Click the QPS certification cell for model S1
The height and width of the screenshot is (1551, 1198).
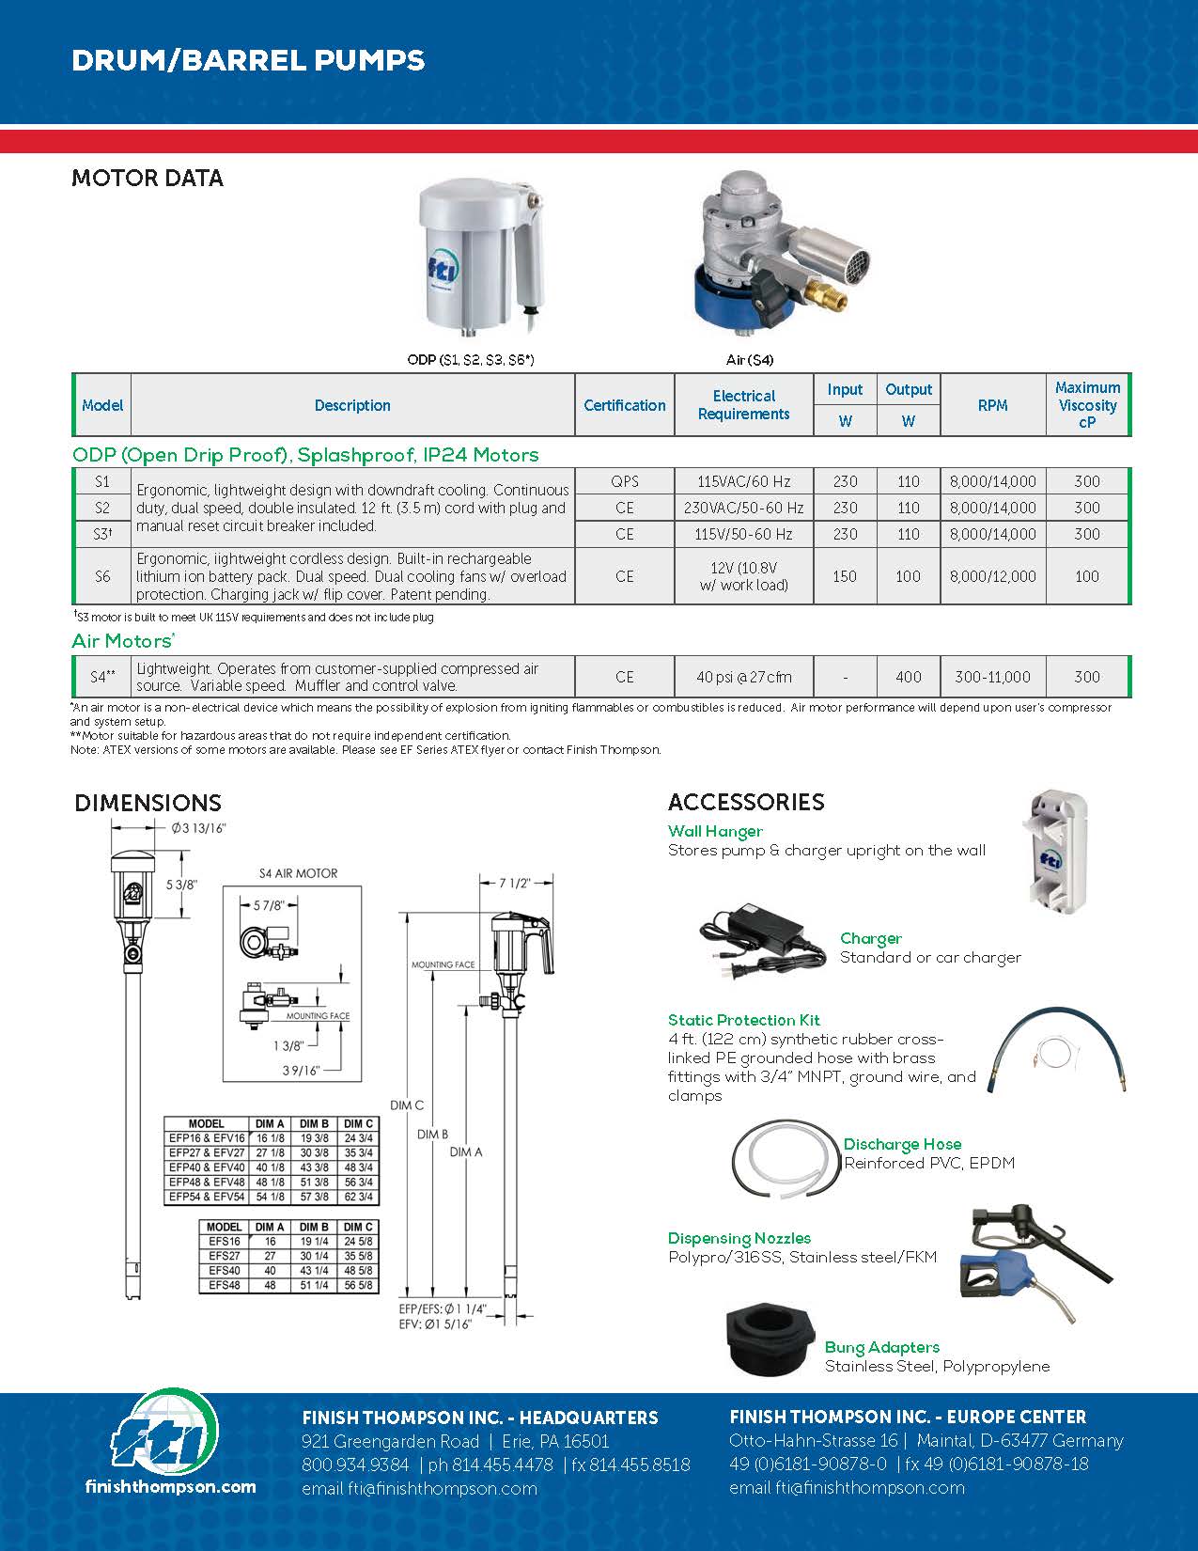click(x=624, y=481)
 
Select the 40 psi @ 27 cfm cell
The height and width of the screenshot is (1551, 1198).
click(x=743, y=677)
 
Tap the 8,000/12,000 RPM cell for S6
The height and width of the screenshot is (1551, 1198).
click(x=992, y=576)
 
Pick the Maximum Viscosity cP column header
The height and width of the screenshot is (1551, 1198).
click(x=1087, y=405)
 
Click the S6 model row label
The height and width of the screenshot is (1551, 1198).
click(x=102, y=576)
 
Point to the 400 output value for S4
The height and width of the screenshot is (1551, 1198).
click(x=908, y=677)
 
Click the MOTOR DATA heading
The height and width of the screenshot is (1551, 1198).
click(x=148, y=179)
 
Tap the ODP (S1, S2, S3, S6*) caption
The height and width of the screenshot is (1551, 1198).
click(x=471, y=360)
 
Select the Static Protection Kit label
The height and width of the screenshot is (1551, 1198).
click(x=743, y=1020)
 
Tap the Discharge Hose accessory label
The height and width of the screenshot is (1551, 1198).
click(x=902, y=1144)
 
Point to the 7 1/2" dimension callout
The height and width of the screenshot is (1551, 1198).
click(x=514, y=884)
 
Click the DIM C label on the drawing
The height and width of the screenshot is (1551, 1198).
click(x=407, y=1105)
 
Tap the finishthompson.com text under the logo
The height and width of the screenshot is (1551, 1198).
click(x=170, y=1486)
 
